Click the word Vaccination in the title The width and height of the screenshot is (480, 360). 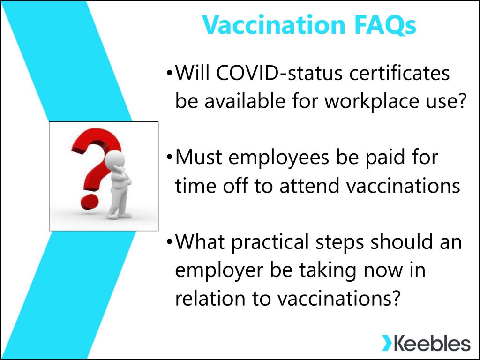(x=274, y=24)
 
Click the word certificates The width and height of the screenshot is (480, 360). (x=399, y=73)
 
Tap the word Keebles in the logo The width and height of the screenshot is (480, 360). (x=432, y=343)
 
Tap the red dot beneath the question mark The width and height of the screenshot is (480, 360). (x=90, y=202)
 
